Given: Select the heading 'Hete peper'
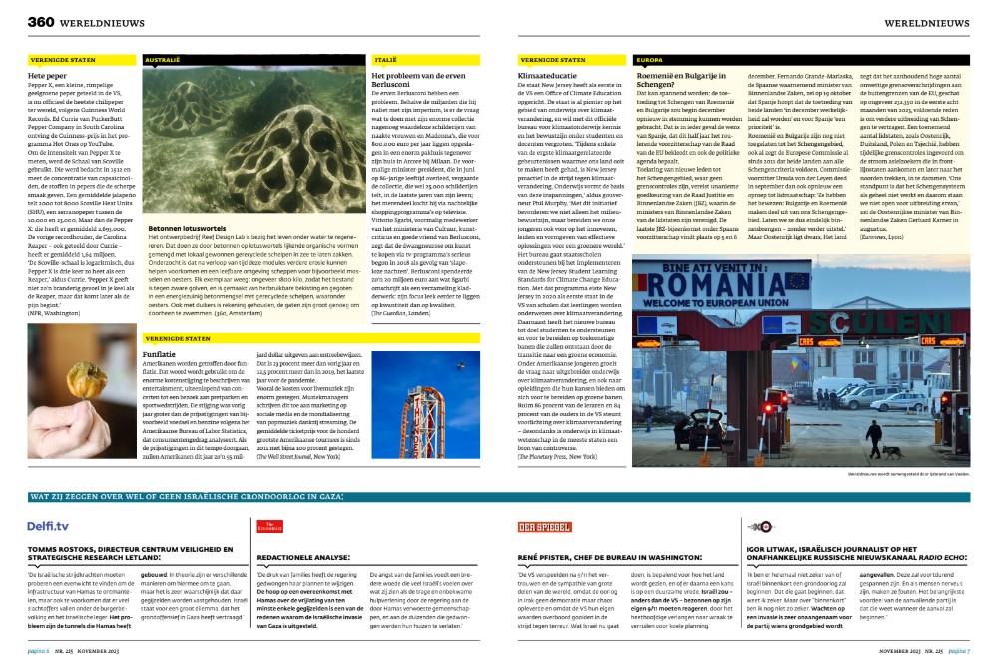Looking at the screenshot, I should click(x=49, y=75).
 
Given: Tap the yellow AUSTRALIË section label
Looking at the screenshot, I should click(x=165, y=60).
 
